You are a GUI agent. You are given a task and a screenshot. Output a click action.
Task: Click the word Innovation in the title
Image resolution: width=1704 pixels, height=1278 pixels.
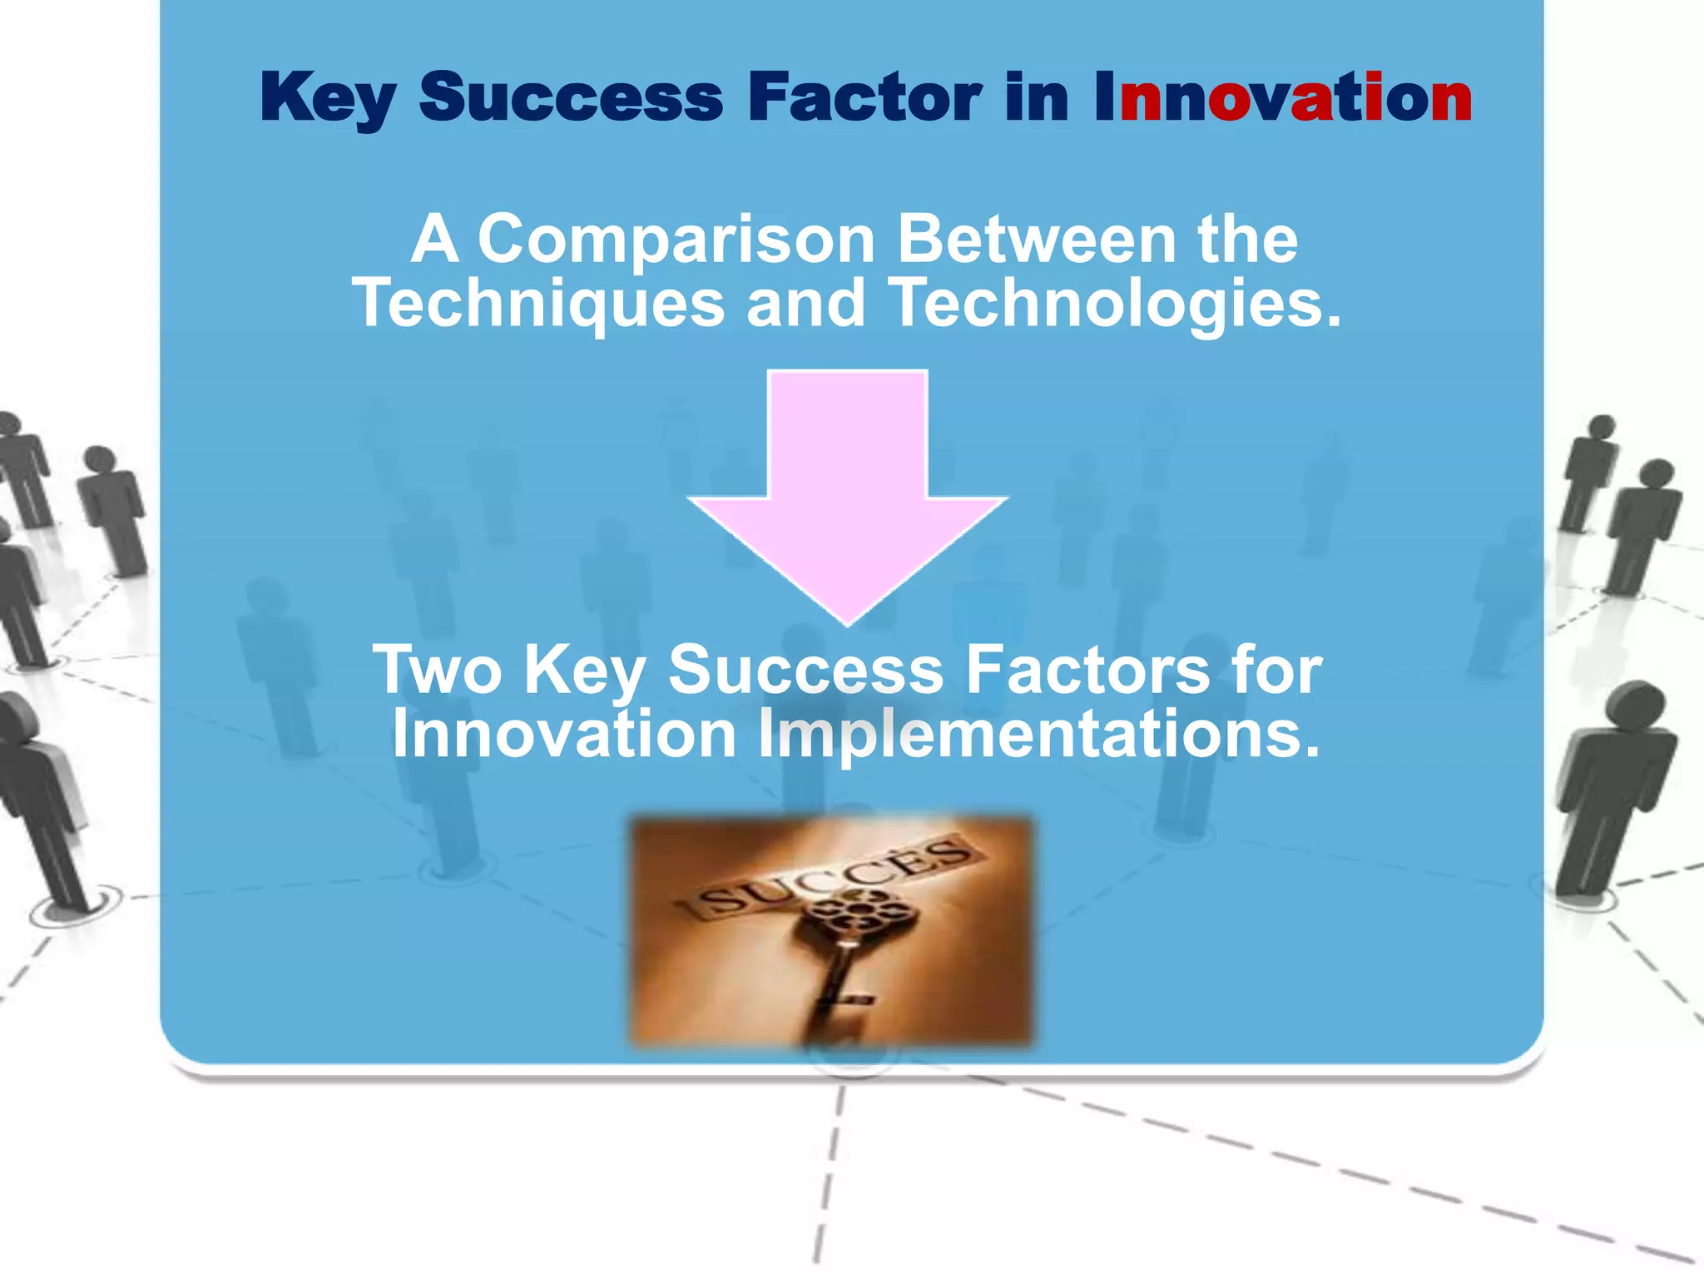tap(1282, 98)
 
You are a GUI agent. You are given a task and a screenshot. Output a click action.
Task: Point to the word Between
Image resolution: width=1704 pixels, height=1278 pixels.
tap(1036, 240)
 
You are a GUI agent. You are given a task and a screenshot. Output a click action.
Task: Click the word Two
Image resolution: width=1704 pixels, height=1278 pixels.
tap(437, 670)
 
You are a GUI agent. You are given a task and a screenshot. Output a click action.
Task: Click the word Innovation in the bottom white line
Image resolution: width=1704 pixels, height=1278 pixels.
tap(564, 734)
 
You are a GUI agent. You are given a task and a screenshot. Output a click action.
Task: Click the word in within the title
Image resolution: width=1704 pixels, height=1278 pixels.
tap(1036, 98)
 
